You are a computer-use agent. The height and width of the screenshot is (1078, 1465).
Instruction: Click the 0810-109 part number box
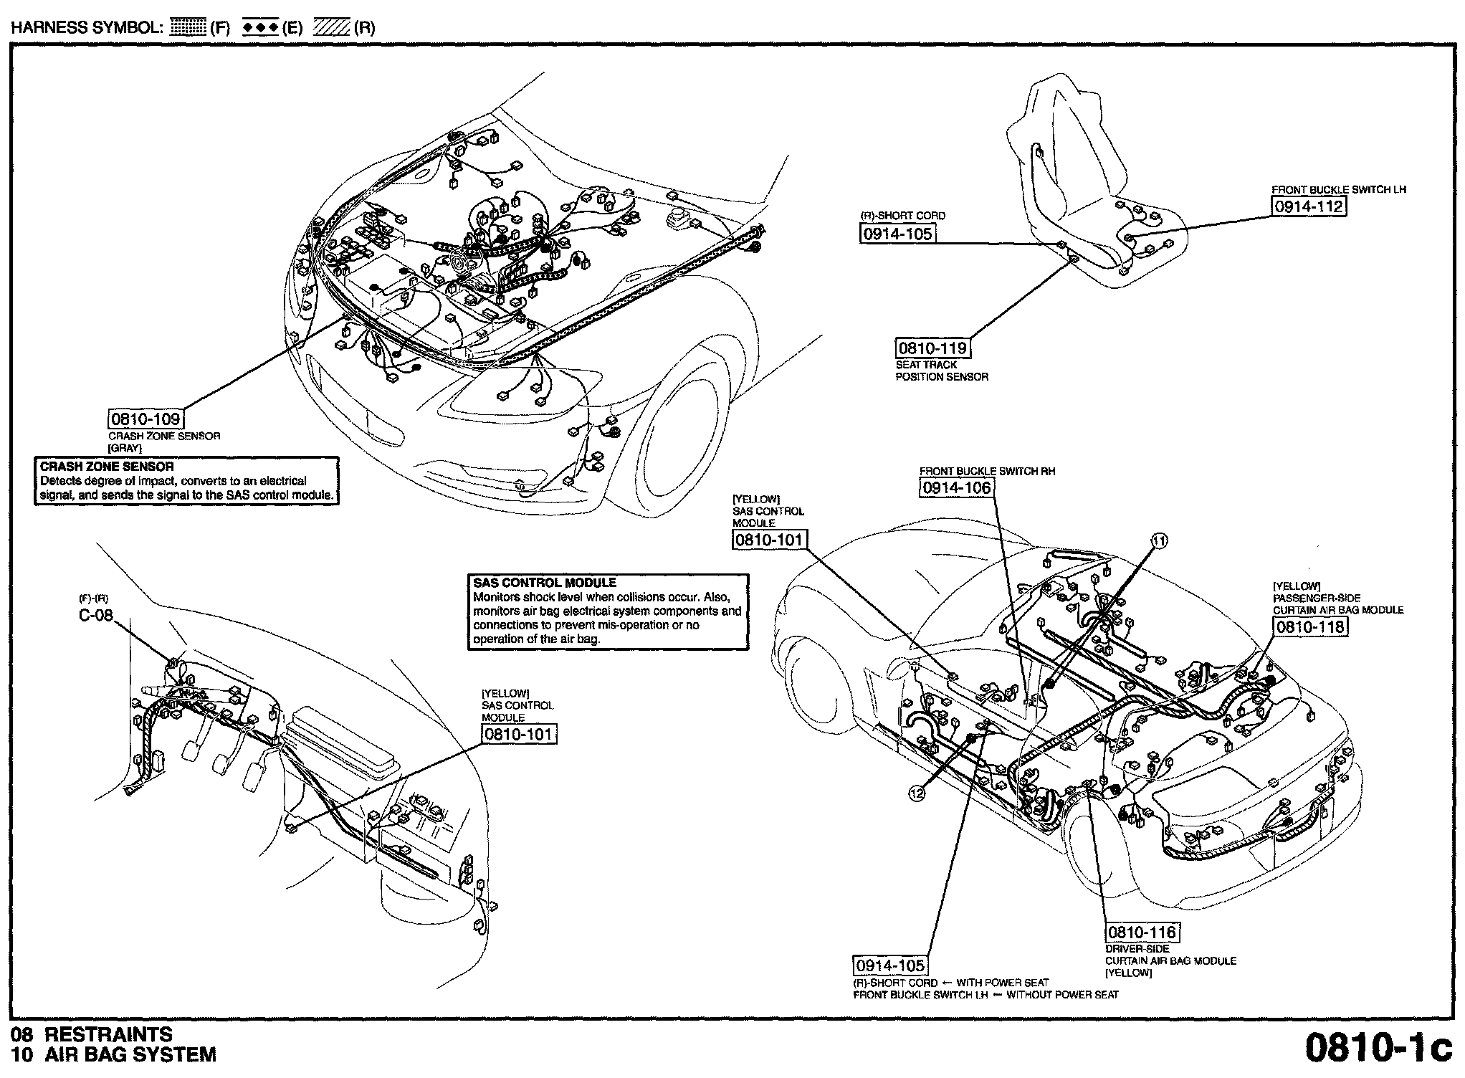[x=146, y=419]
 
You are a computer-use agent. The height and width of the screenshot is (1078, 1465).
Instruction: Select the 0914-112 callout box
[x=1309, y=206]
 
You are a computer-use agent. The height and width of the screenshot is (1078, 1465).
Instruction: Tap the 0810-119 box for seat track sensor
[x=933, y=348]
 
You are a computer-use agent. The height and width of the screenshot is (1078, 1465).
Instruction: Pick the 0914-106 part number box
[x=957, y=487]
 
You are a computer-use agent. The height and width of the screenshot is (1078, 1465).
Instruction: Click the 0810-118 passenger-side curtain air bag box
[x=1310, y=626]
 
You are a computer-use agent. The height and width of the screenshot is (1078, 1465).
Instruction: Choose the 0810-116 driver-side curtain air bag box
[x=1142, y=932]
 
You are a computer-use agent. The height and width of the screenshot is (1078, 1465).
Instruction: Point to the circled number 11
[x=1159, y=541]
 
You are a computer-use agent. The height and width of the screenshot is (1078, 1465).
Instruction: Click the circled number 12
[x=917, y=793]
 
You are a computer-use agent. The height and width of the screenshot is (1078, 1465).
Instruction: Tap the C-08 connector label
[x=96, y=615]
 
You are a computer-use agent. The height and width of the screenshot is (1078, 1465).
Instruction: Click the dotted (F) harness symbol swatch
[x=189, y=28]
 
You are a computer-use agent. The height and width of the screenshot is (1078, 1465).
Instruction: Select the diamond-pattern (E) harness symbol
[x=260, y=28]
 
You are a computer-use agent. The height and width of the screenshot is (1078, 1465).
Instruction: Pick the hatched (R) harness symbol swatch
[x=331, y=28]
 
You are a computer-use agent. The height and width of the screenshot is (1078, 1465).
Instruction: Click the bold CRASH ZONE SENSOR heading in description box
[x=107, y=467]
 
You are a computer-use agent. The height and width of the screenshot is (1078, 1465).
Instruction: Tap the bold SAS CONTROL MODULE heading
[x=545, y=583]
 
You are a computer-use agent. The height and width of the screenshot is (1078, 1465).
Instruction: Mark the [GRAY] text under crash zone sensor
[x=125, y=448]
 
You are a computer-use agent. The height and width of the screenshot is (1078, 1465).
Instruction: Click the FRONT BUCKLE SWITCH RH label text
[x=988, y=471]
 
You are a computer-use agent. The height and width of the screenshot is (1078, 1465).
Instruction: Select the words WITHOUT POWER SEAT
[x=1063, y=995]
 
